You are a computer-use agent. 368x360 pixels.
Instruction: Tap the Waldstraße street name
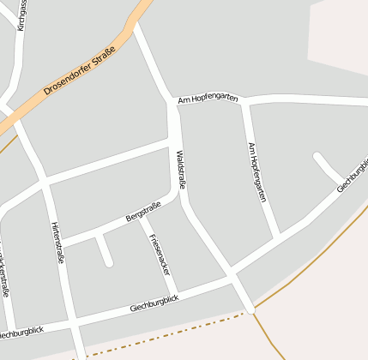point(181,169)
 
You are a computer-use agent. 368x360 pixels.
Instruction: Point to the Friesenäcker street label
point(160,254)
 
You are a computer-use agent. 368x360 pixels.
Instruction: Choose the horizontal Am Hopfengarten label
point(208,99)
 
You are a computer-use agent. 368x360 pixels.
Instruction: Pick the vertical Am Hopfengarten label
point(256,171)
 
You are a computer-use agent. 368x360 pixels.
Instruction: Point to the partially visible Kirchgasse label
point(21,15)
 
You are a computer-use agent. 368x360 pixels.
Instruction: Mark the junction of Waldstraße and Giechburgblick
point(232,276)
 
